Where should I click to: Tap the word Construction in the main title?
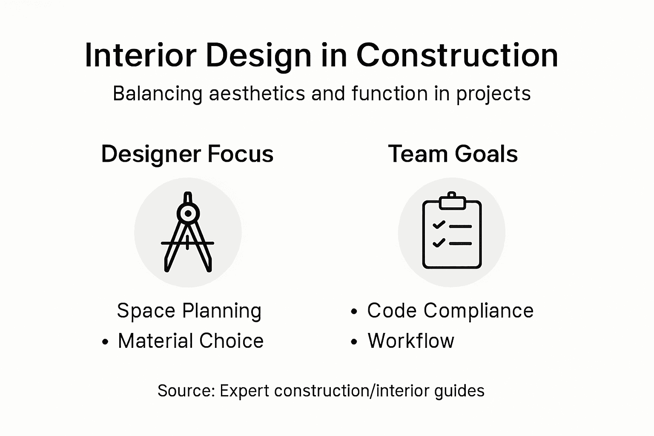[457, 55]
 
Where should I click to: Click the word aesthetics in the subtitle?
[257, 94]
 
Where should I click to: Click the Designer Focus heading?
[187, 154]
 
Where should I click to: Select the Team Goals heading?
[453, 154]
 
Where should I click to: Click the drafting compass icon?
[188, 232]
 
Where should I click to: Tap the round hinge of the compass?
[188, 213]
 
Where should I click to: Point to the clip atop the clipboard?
[452, 201]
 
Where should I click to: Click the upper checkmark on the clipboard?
[439, 225]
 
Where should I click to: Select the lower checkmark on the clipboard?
[439, 243]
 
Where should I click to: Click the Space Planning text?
[189, 311]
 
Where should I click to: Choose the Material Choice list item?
[191, 341]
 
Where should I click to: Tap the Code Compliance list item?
[450, 311]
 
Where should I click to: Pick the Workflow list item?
[411, 341]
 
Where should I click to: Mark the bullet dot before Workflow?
[354, 342]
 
